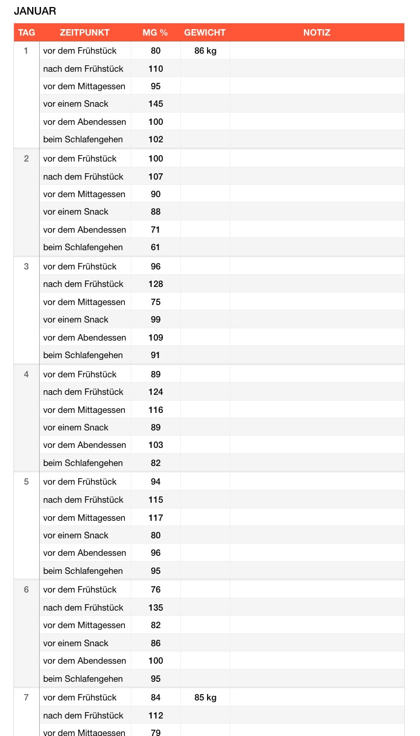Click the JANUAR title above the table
[x=35, y=11]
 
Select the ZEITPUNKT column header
[x=85, y=33]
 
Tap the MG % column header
[x=155, y=33]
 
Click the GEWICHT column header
[x=205, y=33]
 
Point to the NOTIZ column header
[x=317, y=33]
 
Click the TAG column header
[x=26, y=33]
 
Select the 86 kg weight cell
[x=205, y=51]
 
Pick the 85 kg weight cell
[x=205, y=698]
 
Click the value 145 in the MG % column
[x=156, y=104]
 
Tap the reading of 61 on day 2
[x=156, y=247]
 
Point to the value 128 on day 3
[x=156, y=284]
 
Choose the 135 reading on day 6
[x=156, y=608]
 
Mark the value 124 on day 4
[x=156, y=392]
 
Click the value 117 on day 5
[x=156, y=518]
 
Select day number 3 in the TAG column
[x=26, y=267]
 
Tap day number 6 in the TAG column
[x=26, y=590]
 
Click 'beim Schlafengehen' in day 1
[x=83, y=139]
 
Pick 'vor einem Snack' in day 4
[x=76, y=427]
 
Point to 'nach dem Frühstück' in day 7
[x=83, y=716]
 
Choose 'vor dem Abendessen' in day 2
[x=85, y=230]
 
